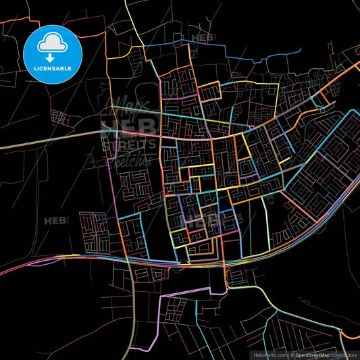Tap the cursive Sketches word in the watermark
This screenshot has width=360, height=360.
pos(129,159)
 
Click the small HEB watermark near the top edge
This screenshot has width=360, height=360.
pos(203,38)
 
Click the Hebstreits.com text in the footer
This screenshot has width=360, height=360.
pos(269,355)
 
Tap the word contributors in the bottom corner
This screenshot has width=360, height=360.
pos(344,355)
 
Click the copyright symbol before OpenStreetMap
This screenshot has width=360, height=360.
pos(292,355)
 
